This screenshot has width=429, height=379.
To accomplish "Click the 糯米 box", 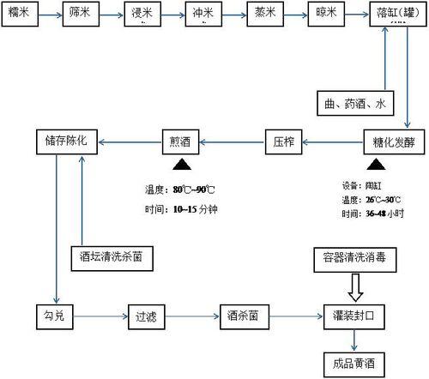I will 21,15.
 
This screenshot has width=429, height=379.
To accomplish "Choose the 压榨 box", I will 284,141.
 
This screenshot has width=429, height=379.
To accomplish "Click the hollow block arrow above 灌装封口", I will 351,282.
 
